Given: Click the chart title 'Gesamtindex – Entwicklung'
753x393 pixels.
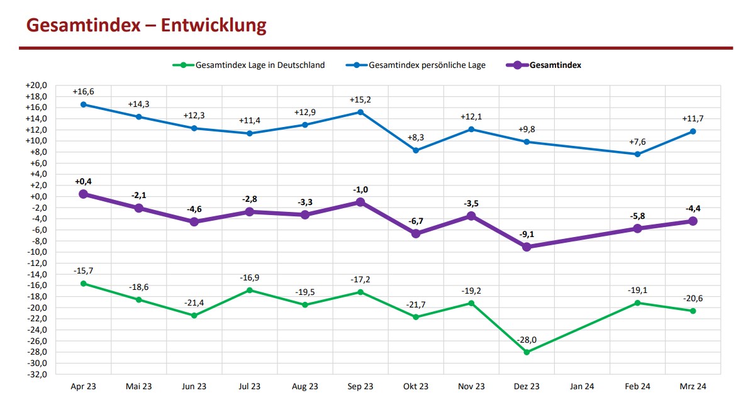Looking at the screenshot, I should point(145,25).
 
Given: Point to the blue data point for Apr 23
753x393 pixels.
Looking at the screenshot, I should point(83,104).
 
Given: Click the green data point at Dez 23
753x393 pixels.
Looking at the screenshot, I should point(527,352).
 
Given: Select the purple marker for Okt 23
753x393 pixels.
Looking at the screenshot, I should point(416,233).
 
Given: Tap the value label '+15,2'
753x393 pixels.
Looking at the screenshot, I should point(360,100).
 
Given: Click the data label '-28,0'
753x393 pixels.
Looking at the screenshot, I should point(527,340).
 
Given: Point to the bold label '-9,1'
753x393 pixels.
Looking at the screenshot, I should point(527,235).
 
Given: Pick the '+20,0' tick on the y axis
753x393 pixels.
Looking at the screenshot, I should point(36,85).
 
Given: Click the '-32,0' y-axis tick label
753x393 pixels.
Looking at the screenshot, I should point(36,375).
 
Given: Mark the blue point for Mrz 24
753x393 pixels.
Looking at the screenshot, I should point(693,131).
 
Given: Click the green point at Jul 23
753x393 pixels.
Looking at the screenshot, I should point(250,291).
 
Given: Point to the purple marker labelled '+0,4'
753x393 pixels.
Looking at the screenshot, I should point(83,194).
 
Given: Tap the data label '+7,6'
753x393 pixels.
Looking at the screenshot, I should point(637,142).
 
